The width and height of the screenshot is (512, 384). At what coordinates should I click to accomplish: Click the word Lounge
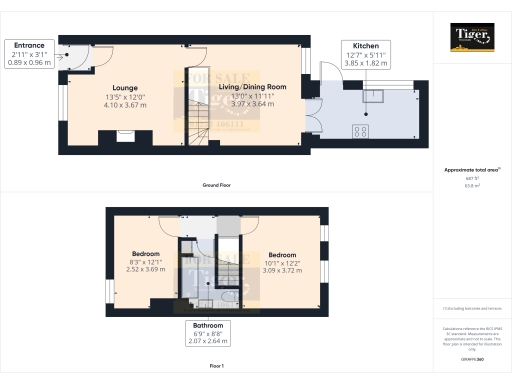[125, 87]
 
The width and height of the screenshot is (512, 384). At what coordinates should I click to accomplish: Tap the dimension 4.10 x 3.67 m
[125, 104]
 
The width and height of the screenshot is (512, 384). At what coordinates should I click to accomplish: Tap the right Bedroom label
[281, 254]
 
